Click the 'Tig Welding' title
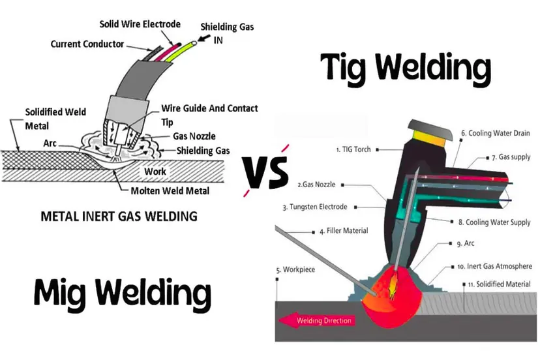point(405,70)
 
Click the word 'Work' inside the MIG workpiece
point(155,172)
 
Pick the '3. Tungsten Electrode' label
point(320,207)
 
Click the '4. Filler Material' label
point(343,230)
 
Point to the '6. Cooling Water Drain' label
point(496,133)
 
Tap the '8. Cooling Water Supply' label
point(494,222)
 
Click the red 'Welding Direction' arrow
point(316,320)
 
